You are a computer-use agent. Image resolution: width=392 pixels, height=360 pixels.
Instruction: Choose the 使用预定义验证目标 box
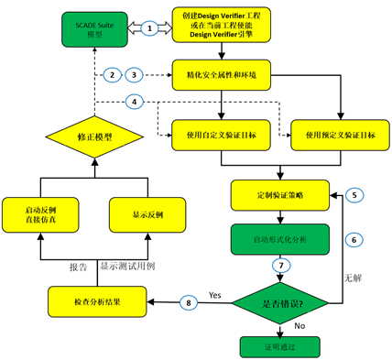(333, 136)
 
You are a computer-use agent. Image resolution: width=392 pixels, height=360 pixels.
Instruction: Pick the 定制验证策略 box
(280, 195)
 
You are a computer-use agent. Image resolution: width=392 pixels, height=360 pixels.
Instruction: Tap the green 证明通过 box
(280, 346)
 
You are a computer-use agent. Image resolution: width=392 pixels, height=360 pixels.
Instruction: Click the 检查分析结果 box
(90, 300)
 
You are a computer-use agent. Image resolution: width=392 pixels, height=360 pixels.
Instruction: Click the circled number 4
(136, 100)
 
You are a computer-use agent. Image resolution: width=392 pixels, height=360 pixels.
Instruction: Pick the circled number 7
(280, 267)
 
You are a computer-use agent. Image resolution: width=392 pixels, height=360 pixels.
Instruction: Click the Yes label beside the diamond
(216, 296)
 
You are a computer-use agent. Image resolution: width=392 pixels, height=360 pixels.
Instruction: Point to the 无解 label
(352, 276)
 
